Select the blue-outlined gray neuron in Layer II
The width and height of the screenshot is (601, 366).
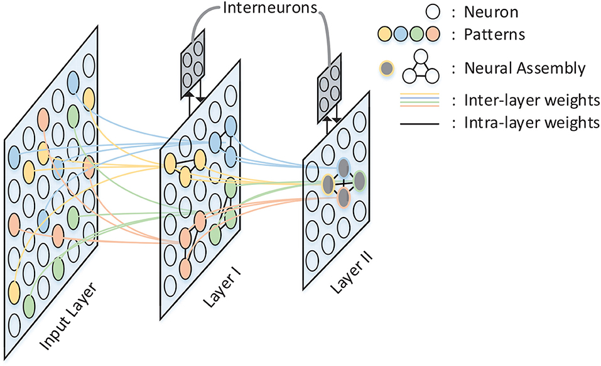(x=344, y=167)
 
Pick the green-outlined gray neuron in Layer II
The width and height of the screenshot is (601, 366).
(x=360, y=180)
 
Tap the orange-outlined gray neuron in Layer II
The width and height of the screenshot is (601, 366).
(x=344, y=197)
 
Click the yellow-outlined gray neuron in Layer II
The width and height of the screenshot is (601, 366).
(x=328, y=184)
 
